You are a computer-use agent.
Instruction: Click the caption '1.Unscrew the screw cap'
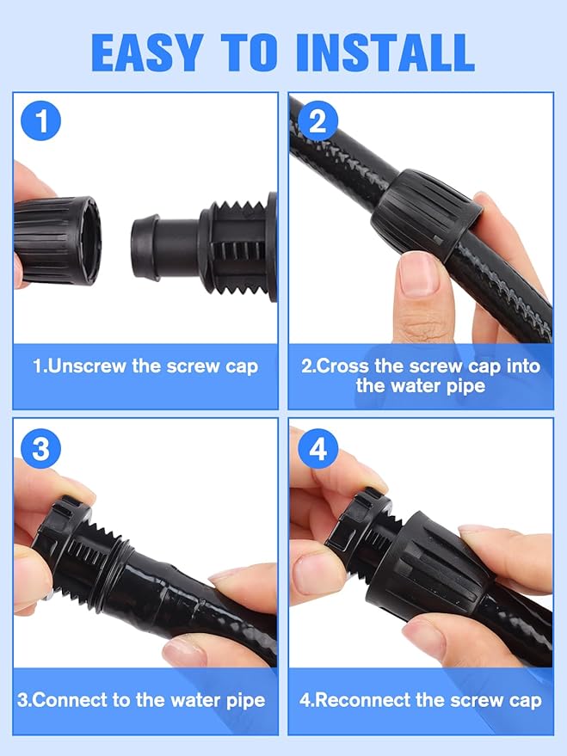pyautogui.click(x=145, y=366)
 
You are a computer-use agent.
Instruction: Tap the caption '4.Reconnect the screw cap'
pyautogui.click(x=421, y=699)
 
